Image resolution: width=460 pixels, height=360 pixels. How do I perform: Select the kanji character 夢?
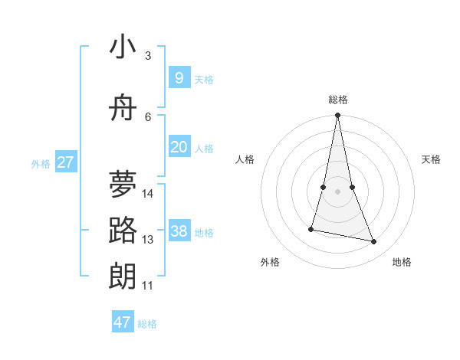(x=123, y=184)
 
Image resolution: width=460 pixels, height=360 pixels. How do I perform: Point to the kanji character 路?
(x=123, y=230)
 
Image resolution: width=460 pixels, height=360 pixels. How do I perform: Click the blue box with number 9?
(x=179, y=78)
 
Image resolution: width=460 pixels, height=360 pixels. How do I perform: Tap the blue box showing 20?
(x=179, y=147)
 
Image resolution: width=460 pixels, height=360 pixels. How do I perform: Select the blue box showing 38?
(x=179, y=231)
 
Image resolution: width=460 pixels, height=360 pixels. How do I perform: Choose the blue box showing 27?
(x=65, y=162)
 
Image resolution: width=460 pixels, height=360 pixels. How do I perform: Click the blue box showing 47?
(x=122, y=322)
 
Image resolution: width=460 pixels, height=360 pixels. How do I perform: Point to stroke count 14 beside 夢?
(x=148, y=193)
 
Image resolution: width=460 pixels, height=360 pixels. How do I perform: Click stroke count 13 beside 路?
(x=148, y=240)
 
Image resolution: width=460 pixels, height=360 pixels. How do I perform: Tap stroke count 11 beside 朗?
(x=148, y=286)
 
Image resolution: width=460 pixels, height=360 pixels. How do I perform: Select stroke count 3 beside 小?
(x=148, y=55)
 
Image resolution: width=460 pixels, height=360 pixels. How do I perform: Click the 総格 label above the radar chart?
(x=337, y=100)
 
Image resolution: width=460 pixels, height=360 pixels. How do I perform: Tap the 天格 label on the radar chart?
(x=431, y=159)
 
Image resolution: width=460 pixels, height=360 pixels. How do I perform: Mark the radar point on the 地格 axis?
(x=374, y=242)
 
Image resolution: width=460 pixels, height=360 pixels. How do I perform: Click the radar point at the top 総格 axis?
(x=337, y=116)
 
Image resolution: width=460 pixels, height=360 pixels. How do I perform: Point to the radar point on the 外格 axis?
(x=311, y=228)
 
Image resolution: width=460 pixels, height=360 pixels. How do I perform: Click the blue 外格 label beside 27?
(x=40, y=163)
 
